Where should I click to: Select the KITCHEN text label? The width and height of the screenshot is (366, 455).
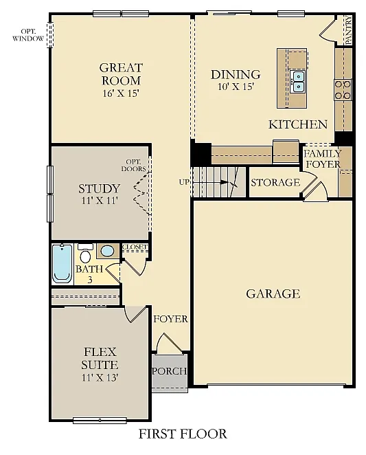point(297,124)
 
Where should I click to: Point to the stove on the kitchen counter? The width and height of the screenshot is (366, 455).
point(342,89)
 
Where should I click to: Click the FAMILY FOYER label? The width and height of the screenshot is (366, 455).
point(322,159)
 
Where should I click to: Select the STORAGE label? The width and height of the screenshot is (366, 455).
point(275,182)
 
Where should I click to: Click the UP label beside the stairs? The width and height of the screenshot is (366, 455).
point(184,182)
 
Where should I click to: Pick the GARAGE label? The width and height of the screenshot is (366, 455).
point(273,293)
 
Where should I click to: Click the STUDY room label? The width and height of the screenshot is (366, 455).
point(99,189)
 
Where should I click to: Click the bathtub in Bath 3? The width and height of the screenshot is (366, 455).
point(62,263)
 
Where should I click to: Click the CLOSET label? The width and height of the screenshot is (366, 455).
point(135,247)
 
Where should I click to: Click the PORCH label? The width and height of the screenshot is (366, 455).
point(170,371)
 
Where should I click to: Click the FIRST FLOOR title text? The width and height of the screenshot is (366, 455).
point(183,434)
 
